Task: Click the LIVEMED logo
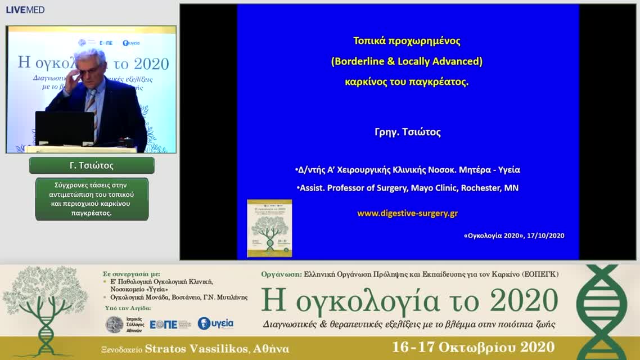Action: click(x=25, y=10)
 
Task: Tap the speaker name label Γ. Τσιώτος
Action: click(x=92, y=165)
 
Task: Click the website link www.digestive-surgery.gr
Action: click(x=407, y=213)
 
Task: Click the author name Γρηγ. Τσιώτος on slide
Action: click(x=407, y=132)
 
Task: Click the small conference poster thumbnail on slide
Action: click(x=269, y=228)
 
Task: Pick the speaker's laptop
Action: click(x=65, y=128)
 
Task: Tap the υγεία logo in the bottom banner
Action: click(x=215, y=323)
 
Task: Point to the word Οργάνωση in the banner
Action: click(x=281, y=274)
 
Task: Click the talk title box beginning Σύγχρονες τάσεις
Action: click(x=92, y=199)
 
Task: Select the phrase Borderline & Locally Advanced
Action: click(x=407, y=61)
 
